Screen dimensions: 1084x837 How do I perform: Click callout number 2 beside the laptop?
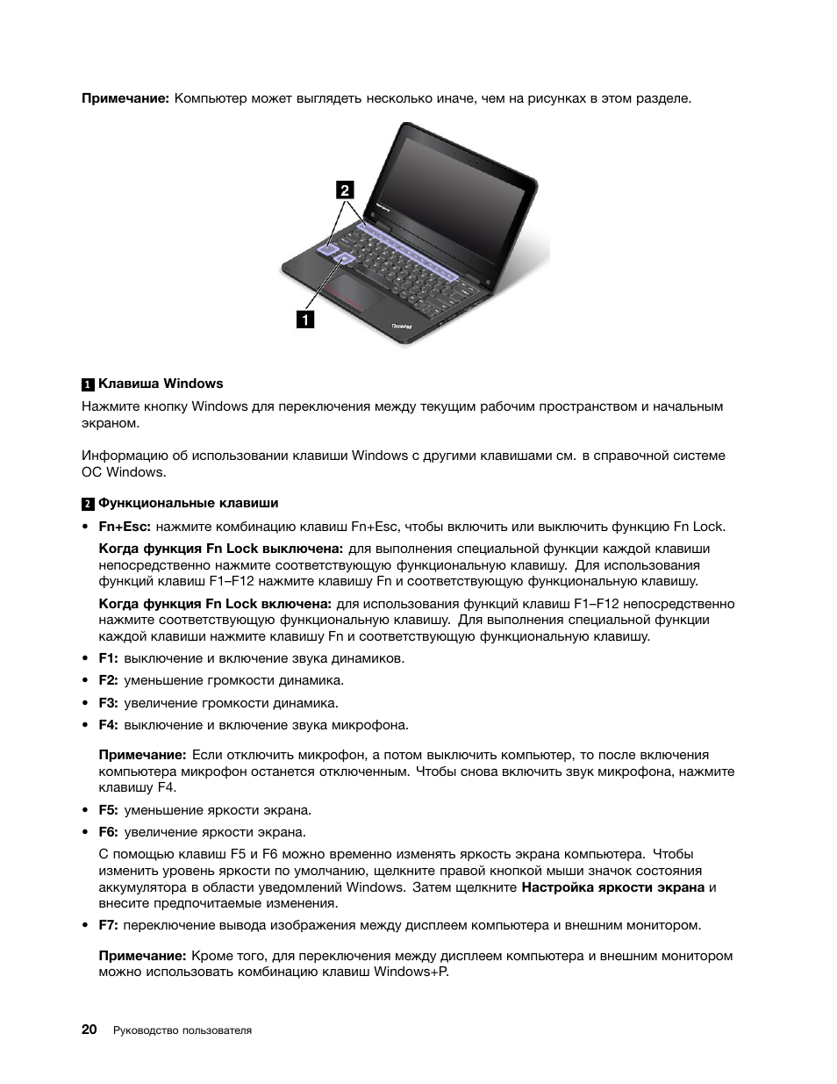tap(345, 190)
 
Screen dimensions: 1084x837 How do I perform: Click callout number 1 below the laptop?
tap(304, 319)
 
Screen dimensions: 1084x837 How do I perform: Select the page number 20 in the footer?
tap(89, 1030)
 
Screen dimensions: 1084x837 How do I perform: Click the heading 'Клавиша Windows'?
tap(161, 384)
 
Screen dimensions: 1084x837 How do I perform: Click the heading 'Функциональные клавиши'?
tap(188, 503)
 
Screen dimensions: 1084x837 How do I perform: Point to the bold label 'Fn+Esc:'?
tap(125, 527)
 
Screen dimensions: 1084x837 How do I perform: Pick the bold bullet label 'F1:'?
tap(108, 658)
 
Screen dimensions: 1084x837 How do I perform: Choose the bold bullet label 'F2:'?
tap(108, 680)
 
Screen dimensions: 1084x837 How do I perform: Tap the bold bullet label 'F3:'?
tap(108, 703)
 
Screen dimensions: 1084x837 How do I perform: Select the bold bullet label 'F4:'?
tap(108, 725)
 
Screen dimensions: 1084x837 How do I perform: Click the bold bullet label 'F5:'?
tap(108, 810)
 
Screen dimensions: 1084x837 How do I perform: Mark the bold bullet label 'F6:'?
tap(108, 832)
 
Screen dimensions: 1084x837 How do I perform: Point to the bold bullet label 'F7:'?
tap(108, 925)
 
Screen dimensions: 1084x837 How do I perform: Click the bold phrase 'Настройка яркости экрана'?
tap(612, 887)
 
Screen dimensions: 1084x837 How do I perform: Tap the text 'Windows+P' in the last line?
tap(410, 972)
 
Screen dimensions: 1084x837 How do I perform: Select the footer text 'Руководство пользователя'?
tap(182, 1030)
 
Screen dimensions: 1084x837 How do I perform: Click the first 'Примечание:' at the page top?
tap(125, 98)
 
